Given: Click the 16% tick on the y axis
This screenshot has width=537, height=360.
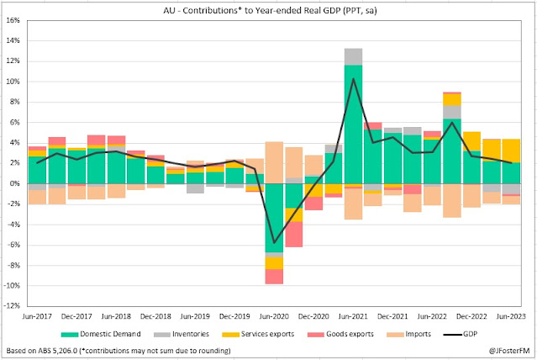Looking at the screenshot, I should click(15, 40).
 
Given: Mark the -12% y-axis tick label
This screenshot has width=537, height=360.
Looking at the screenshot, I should click(13, 306).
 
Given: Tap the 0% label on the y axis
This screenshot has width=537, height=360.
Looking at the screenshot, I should click(17, 183).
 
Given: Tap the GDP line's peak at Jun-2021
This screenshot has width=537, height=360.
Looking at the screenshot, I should click(354, 79).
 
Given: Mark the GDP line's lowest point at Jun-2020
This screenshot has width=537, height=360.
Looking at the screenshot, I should click(274, 241).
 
